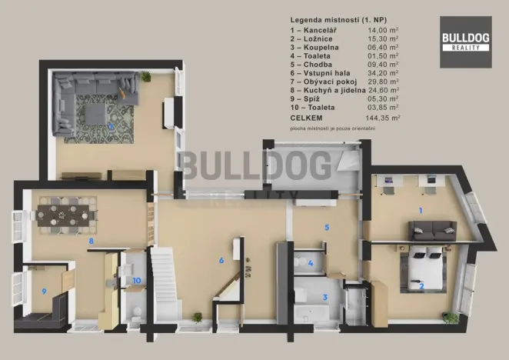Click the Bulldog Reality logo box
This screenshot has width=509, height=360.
(x=466, y=42)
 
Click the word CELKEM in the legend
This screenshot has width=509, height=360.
(x=306, y=119)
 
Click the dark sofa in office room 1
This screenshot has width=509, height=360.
(x=431, y=230)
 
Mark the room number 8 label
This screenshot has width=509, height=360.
(x=91, y=241)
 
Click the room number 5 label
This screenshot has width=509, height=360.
(x=327, y=227)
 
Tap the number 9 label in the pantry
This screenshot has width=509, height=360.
(x=44, y=291)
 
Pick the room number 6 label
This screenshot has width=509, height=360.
(x=221, y=260)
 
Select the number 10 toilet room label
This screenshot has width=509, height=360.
(x=136, y=282)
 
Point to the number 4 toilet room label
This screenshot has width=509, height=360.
(x=311, y=264)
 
